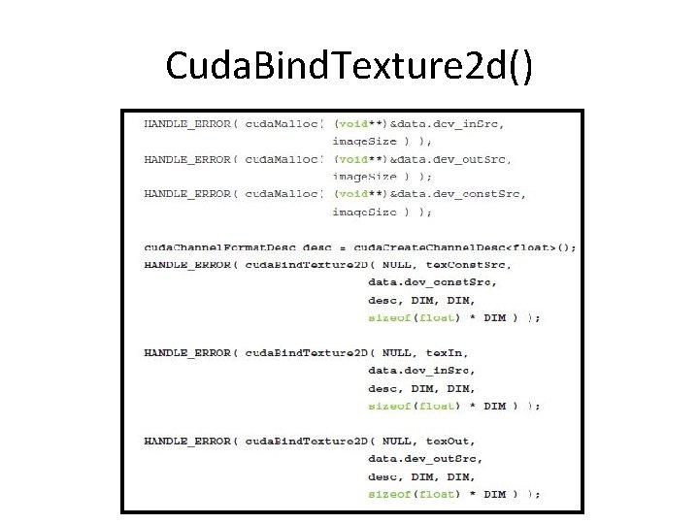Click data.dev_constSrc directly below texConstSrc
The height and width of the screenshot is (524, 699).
432,282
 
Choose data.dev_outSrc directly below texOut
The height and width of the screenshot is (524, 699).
424,459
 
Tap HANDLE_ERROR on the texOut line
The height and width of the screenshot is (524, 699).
186,441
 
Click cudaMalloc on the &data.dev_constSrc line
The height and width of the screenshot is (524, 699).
283,193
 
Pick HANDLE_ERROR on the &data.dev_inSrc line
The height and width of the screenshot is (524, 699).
186,123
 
